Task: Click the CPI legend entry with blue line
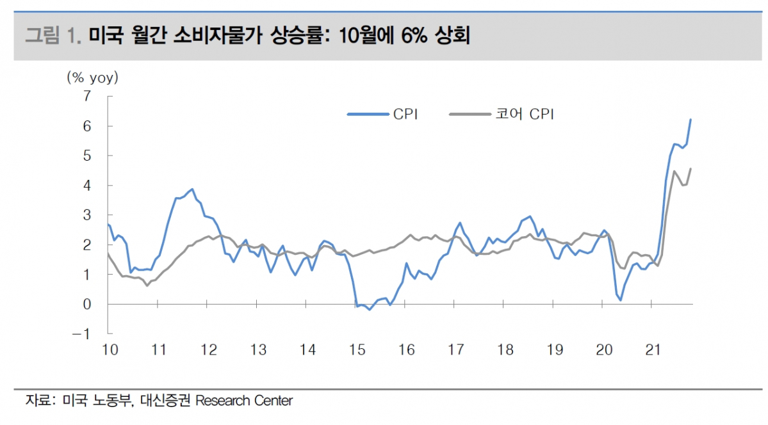[383, 115]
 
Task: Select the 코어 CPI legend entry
[502, 115]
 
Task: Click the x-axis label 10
[110, 350]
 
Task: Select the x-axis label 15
[357, 350]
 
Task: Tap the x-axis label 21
[653, 350]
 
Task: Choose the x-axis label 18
[505, 350]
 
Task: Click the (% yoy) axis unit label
[93, 78]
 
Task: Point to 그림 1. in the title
[53, 35]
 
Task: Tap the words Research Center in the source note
[243, 401]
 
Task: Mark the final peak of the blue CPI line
[690, 119]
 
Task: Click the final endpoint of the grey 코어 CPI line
[690, 168]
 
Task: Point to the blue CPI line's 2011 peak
[192, 189]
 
